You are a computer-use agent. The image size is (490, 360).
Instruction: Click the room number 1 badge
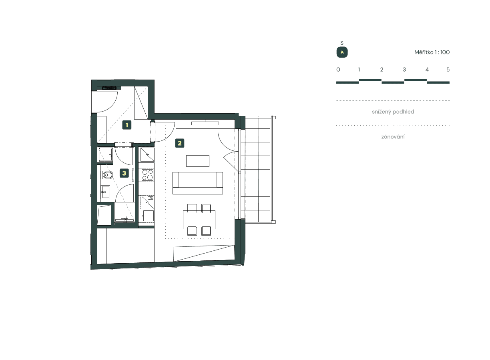(127, 125)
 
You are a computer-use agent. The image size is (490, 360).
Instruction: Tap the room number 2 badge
(180, 143)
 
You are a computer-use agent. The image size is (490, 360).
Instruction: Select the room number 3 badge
(124, 173)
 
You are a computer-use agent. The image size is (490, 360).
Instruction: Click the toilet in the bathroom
(107, 174)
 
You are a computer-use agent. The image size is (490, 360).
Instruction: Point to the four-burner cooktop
(147, 175)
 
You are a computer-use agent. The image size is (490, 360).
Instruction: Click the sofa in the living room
(197, 183)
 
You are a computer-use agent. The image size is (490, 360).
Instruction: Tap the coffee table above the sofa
(197, 161)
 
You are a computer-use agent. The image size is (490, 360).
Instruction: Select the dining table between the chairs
(199, 220)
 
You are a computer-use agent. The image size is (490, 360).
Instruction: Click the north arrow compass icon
(342, 52)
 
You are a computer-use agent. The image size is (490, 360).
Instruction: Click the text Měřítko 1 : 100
(432, 52)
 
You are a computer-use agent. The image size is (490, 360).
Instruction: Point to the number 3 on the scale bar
(404, 70)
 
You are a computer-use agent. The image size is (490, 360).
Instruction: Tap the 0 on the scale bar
(338, 70)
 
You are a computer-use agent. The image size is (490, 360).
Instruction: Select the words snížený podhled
(393, 112)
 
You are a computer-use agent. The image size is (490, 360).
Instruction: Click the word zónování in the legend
(393, 137)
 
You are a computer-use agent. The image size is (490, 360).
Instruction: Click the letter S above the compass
(342, 43)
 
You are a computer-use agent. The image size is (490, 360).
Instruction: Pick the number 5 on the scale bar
(448, 70)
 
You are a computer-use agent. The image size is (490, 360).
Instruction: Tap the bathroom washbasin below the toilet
(106, 192)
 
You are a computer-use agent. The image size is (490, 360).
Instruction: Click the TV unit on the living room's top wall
(205, 124)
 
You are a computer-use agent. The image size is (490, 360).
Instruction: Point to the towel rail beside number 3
(133, 175)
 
